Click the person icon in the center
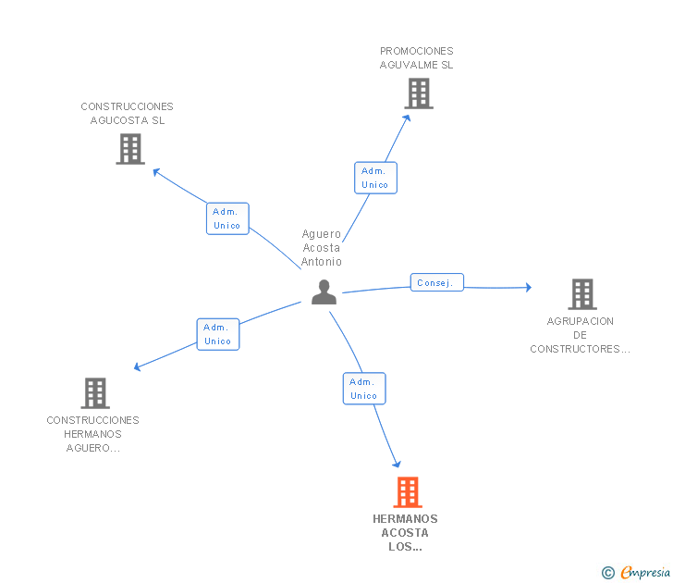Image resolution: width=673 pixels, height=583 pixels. click(324, 292)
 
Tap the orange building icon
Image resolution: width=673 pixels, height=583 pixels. click(408, 492)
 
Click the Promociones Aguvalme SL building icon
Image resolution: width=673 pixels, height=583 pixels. click(419, 93)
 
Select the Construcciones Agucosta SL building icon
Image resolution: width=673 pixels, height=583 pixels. click(130, 149)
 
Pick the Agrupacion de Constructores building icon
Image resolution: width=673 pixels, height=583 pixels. click(582, 294)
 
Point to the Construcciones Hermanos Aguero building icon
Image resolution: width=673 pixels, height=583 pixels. click(95, 393)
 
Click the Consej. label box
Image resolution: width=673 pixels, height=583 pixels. click(437, 282)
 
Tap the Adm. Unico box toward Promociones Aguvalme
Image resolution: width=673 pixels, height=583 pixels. click(375, 178)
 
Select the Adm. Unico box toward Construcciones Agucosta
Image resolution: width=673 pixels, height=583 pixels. click(227, 218)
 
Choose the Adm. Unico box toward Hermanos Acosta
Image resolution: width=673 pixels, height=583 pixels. click(364, 389)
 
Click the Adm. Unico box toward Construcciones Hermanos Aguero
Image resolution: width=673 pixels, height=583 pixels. click(218, 334)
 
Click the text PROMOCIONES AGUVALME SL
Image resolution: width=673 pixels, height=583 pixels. click(416, 58)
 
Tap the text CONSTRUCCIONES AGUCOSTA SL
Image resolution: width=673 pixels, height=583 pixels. click(127, 114)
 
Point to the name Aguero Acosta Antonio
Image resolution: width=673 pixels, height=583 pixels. click(322, 248)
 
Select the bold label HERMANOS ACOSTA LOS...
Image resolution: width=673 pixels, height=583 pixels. click(405, 533)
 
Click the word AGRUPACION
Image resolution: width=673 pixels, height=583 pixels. click(581, 321)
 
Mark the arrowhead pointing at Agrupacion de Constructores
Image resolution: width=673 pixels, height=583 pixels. click(529, 288)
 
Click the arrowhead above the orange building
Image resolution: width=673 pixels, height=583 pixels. click(397, 464)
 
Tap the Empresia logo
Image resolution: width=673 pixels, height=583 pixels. click(645, 572)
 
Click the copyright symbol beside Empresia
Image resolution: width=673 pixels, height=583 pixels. click(607, 573)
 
